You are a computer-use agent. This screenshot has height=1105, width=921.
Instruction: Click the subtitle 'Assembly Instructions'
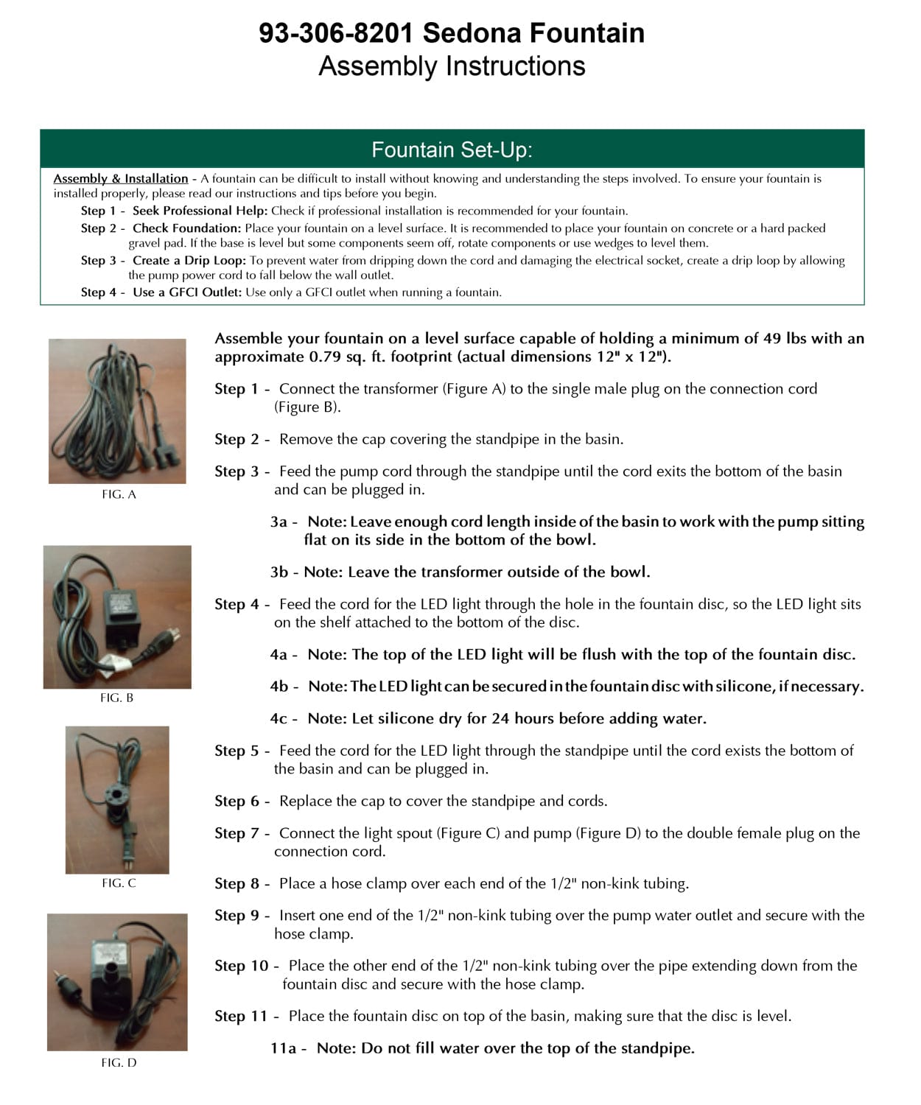(x=452, y=66)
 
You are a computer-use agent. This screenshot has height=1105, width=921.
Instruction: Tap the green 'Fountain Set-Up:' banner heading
(x=452, y=150)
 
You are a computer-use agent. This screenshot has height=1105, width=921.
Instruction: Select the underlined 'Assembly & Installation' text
(x=120, y=178)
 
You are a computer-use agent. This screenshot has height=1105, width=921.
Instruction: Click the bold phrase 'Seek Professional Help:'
(x=200, y=211)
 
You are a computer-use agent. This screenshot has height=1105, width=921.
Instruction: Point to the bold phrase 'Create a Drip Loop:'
(x=189, y=260)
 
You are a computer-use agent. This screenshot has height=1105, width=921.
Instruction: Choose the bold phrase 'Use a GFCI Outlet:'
(x=187, y=292)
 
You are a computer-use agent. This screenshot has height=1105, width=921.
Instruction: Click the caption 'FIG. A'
(x=119, y=494)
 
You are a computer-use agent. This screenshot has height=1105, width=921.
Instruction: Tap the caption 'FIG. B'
(x=116, y=698)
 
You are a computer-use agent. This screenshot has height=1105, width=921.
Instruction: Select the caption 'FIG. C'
(x=119, y=883)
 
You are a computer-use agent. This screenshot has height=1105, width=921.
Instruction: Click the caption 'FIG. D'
(x=119, y=1062)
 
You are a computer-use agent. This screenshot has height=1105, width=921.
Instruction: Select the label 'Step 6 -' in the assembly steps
(x=242, y=801)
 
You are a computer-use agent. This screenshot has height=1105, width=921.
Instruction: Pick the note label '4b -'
(x=284, y=687)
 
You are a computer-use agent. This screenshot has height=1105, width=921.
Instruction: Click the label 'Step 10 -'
(x=247, y=966)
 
